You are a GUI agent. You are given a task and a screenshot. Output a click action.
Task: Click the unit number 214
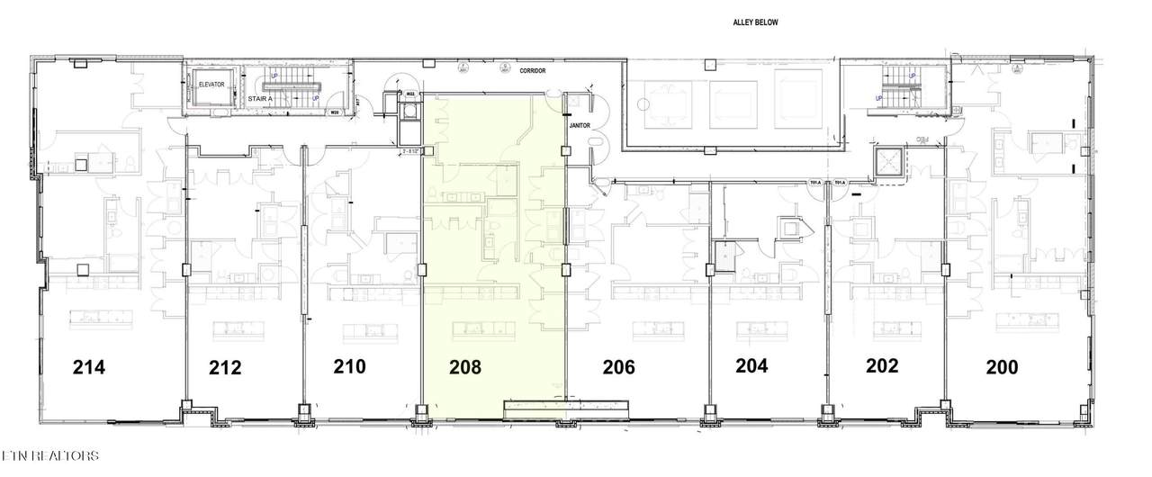tap(90, 367)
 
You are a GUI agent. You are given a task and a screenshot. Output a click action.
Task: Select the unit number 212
tap(225, 367)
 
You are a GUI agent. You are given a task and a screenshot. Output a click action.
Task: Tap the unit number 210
tap(349, 366)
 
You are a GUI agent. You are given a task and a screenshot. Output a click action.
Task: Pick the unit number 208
tap(466, 367)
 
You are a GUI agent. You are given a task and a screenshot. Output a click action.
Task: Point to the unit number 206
tap(619, 367)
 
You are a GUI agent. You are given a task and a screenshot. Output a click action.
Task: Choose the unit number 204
tap(751, 366)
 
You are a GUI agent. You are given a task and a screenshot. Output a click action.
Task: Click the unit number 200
tap(1001, 367)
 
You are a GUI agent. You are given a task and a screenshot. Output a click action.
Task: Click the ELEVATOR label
tap(211, 85)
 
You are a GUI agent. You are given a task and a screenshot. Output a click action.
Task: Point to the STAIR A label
tap(260, 98)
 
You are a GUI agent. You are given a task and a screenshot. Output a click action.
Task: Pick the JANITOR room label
tap(579, 126)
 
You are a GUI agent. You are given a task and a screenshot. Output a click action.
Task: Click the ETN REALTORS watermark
tap(49, 456)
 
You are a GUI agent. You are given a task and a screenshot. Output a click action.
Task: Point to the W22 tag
tap(409, 94)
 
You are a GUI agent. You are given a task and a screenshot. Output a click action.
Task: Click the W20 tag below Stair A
tap(335, 112)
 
